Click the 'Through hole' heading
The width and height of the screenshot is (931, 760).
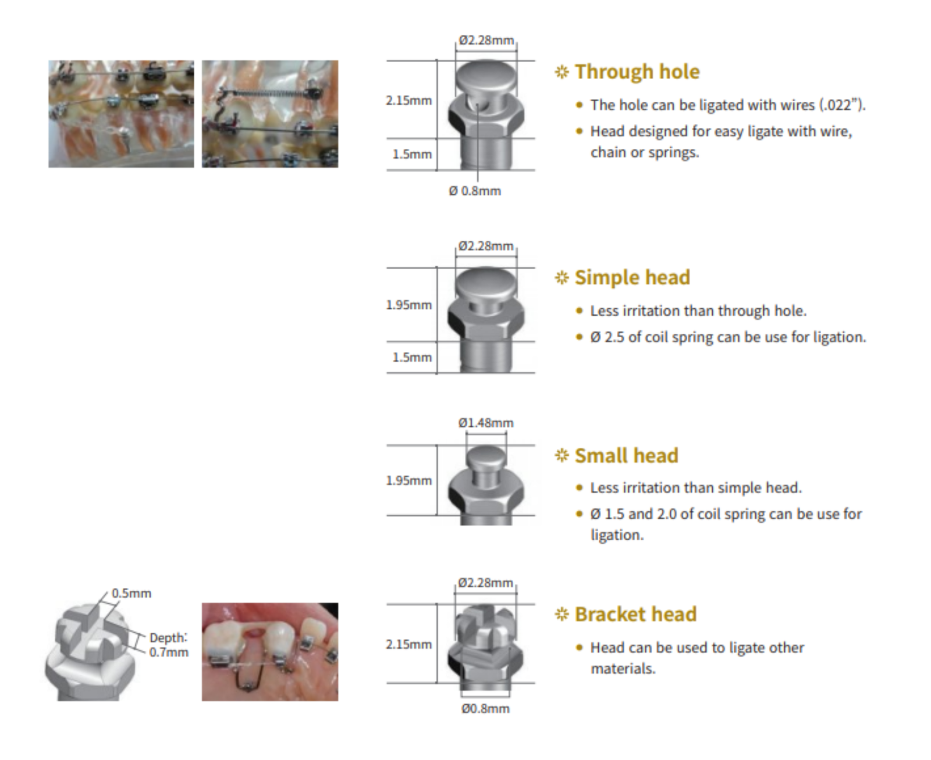(637, 72)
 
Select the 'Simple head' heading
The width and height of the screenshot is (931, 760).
(632, 277)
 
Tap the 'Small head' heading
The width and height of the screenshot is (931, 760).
(626, 455)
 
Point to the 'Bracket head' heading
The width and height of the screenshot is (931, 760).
(635, 614)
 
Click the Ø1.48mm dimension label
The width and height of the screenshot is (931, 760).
(486, 423)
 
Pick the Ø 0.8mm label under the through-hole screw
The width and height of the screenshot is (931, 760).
(475, 191)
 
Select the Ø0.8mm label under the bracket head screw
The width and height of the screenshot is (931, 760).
(485, 708)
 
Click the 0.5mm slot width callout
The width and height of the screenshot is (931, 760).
(132, 593)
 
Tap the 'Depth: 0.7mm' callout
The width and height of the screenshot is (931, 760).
(168, 645)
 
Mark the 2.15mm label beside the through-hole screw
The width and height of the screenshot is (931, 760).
(408, 100)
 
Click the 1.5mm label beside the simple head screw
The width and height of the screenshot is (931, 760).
(412, 357)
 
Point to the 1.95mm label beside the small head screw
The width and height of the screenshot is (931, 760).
(408, 480)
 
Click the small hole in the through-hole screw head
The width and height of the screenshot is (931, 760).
(477, 105)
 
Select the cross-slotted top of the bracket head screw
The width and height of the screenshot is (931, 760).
(486, 620)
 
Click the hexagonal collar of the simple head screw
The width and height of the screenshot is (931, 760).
(486, 317)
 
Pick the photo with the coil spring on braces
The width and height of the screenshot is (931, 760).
(270, 114)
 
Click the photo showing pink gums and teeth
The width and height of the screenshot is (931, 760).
(270, 651)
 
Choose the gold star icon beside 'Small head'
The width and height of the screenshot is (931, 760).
(562, 455)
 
